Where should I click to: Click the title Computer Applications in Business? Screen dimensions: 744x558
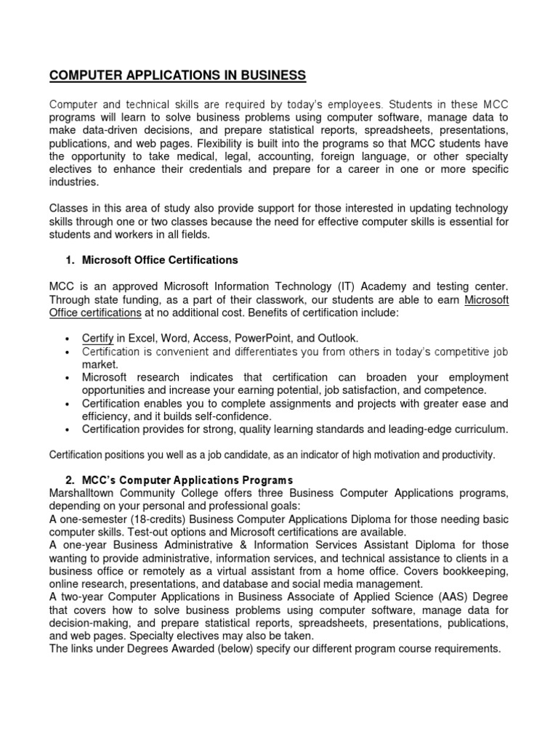tap(177, 75)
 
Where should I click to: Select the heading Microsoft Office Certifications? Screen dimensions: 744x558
tap(160, 259)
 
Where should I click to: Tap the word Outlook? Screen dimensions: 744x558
tap(337, 338)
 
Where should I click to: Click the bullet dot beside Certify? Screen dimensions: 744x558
tap(66, 339)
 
